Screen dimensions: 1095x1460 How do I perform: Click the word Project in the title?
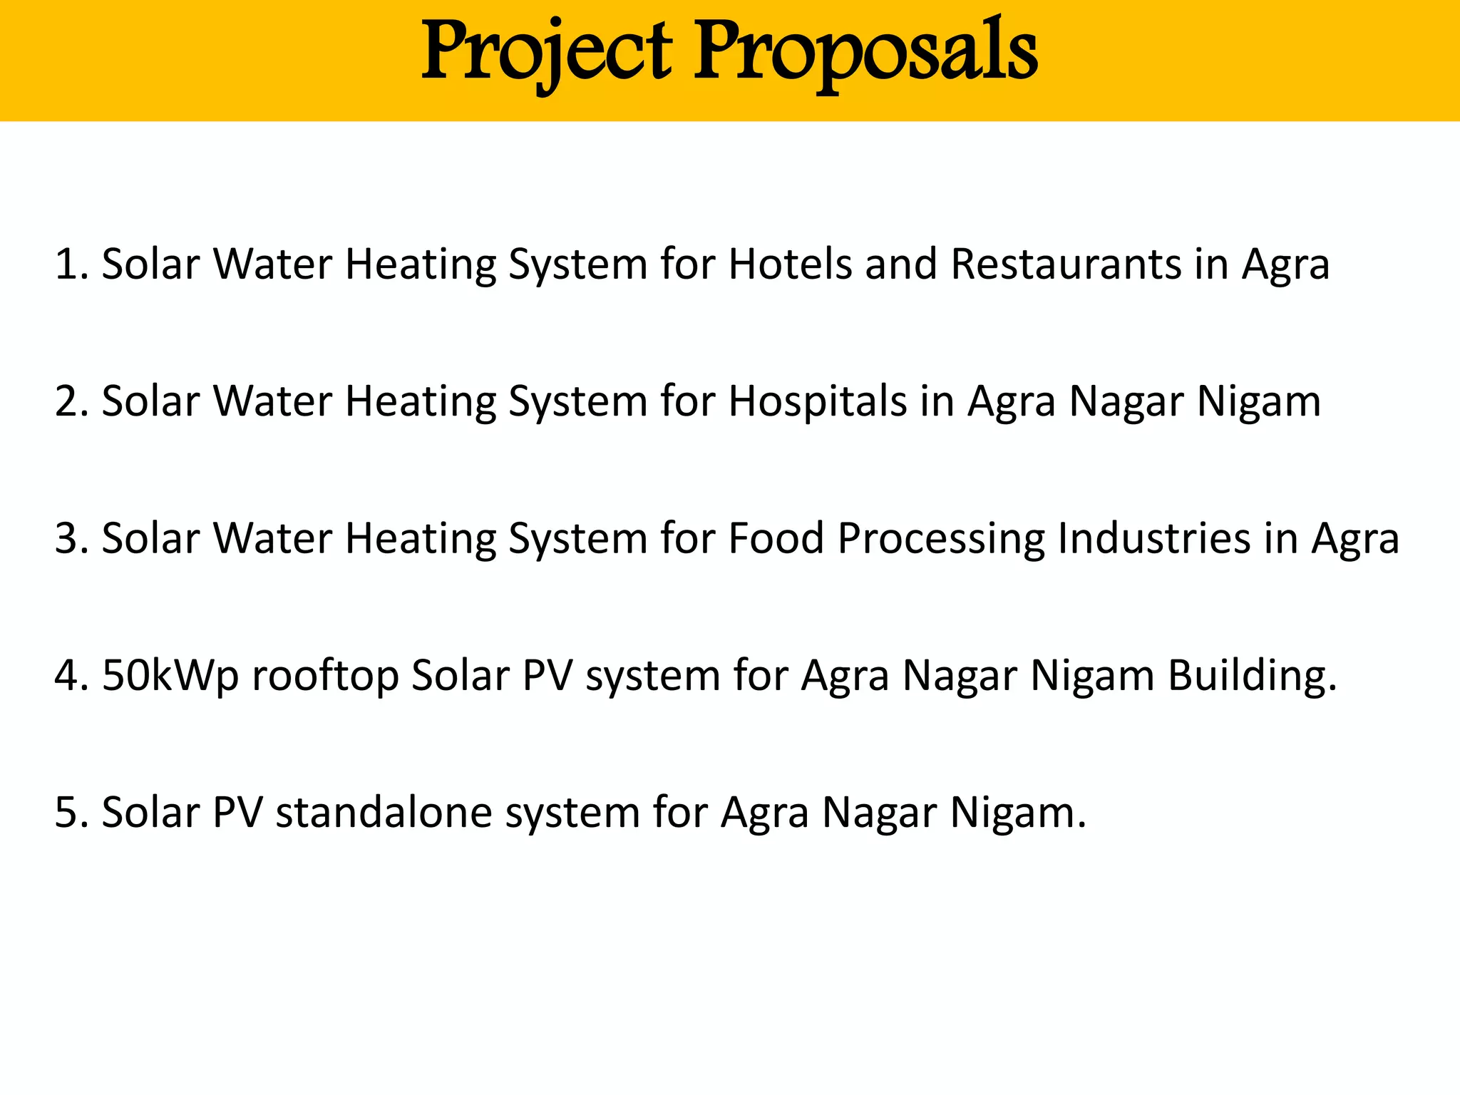(x=546, y=51)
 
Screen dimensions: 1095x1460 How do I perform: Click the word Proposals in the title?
(x=865, y=51)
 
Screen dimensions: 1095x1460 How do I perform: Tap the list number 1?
(x=68, y=264)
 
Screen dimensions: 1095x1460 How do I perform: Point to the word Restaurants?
(x=1066, y=264)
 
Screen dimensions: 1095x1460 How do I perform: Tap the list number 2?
(x=68, y=401)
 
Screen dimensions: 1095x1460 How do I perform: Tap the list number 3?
(x=68, y=538)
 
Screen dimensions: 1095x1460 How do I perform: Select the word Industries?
(x=1154, y=538)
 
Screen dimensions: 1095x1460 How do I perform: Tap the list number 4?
(x=68, y=675)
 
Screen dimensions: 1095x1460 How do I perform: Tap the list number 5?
(x=68, y=812)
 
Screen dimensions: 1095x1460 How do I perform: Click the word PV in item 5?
(x=238, y=812)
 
